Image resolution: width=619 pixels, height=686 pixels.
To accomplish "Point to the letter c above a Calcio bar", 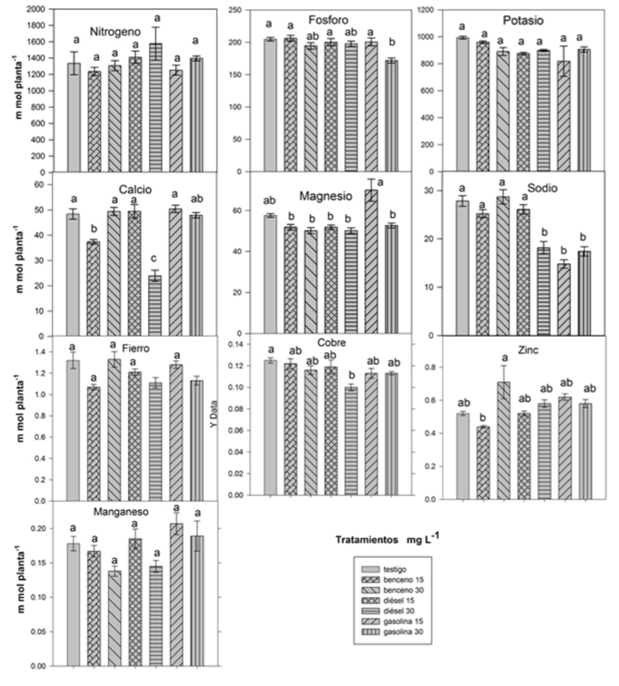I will point(155,257).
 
